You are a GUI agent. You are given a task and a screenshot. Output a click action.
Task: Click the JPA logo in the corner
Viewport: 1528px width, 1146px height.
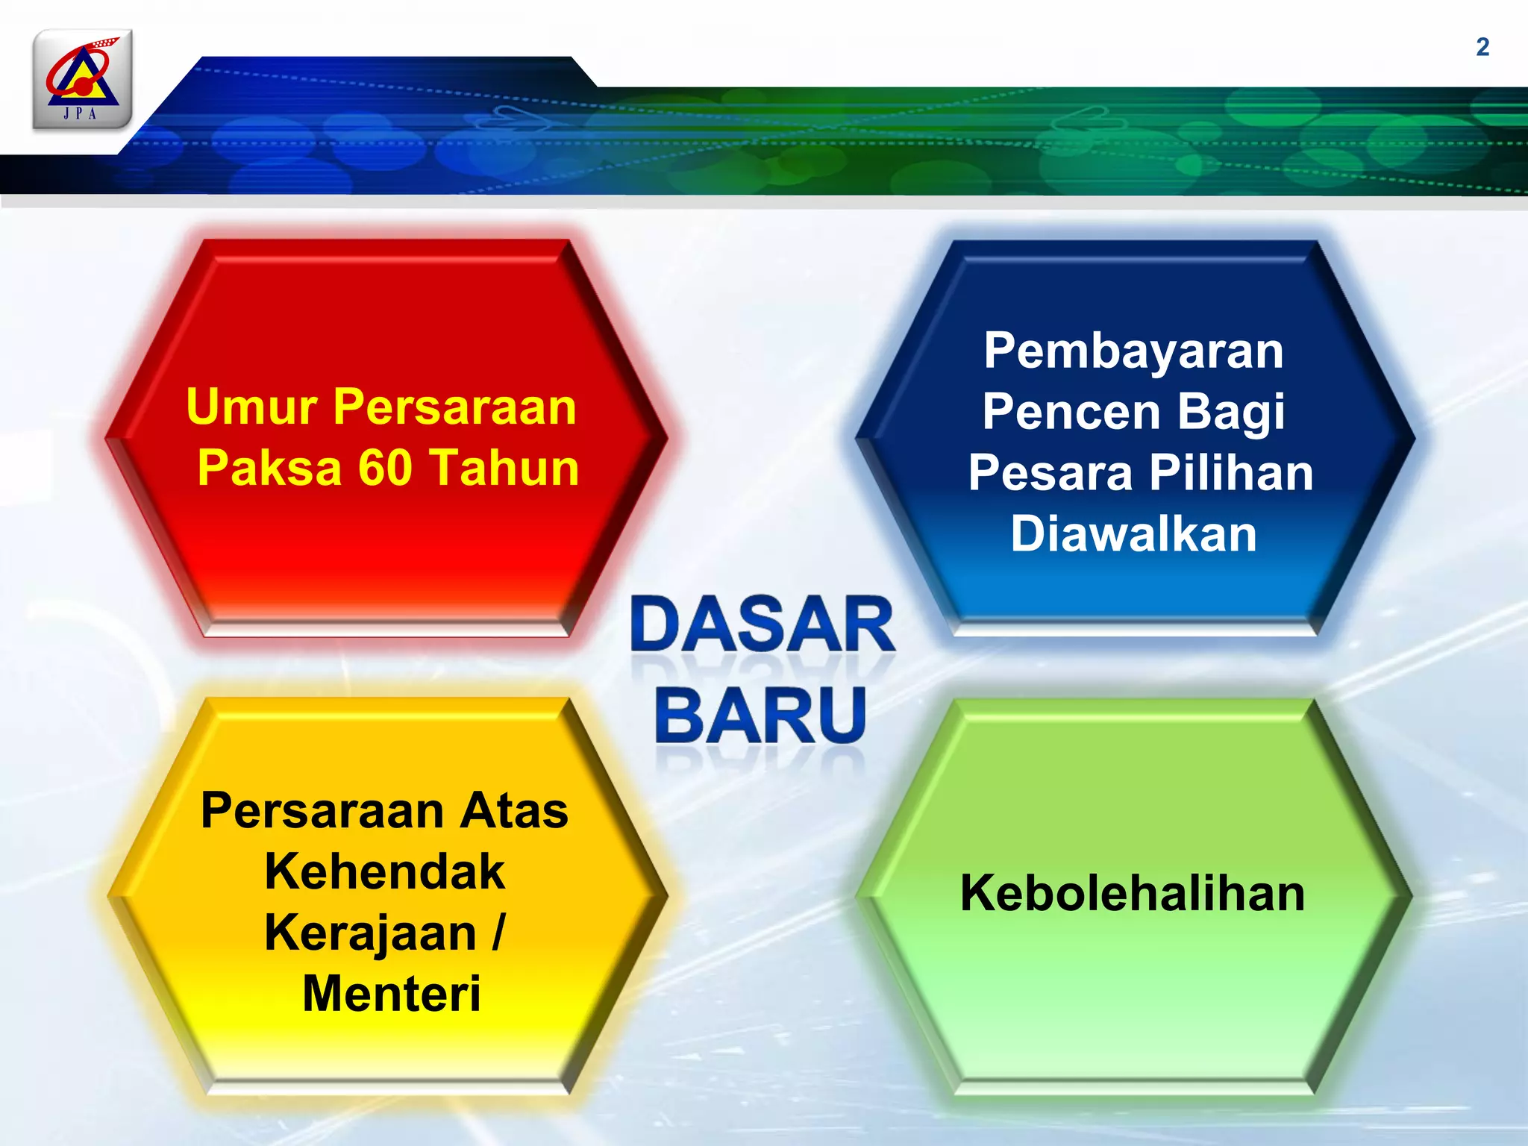coord(82,79)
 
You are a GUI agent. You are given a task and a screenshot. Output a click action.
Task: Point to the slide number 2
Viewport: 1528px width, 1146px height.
coord(1482,47)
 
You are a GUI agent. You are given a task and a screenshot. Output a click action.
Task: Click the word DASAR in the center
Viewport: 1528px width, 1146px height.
coord(763,625)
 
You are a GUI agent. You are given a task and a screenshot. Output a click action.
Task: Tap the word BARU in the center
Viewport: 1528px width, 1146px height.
coord(761,715)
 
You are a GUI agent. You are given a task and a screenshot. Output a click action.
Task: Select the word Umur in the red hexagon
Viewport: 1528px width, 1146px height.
coord(251,407)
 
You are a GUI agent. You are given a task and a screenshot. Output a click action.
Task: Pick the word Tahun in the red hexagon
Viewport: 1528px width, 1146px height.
coord(505,468)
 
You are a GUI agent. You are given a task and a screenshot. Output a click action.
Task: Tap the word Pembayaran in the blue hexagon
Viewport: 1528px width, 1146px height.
coord(1133,351)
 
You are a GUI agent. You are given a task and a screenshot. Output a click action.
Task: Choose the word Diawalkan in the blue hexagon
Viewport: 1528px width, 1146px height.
coord(1133,534)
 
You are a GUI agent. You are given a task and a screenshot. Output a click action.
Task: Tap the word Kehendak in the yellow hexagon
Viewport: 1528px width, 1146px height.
coord(385,871)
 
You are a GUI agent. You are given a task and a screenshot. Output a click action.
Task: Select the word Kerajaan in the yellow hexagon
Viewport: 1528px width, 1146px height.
coord(370,934)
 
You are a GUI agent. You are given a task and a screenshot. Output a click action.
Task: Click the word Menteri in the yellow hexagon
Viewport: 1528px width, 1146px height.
coord(391,994)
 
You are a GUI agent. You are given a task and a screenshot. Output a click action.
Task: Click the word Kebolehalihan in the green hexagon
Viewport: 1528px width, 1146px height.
coord(1133,893)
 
